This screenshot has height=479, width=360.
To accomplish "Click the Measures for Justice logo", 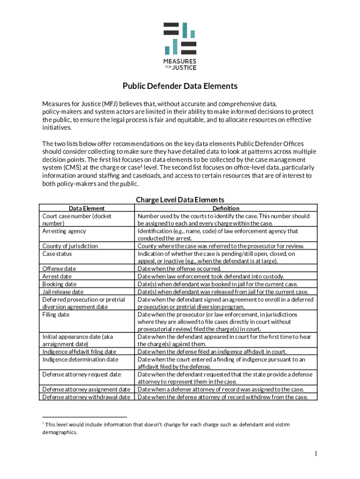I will tap(180, 46).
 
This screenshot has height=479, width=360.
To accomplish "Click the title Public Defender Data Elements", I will tap(180, 86).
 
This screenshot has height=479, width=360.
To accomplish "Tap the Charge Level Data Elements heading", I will tap(180, 200).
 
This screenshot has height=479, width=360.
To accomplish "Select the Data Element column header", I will tap(87, 208).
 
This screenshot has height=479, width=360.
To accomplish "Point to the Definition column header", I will tap(225, 208).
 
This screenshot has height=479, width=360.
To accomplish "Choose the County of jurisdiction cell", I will tap(70, 246).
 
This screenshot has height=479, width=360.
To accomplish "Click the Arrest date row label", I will tap(57, 276).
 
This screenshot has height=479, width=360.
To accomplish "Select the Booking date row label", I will tap(59, 284).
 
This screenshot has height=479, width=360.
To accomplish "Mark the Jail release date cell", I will tap(63, 292).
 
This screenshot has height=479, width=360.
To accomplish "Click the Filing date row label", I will tap(56, 314).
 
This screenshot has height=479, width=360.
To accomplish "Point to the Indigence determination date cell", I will tap(80, 359).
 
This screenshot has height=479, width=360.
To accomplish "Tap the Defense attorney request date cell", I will tap(82, 374).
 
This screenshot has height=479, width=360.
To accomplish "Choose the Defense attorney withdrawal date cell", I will tap(86, 397).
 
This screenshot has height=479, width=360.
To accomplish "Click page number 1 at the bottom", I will tap(316, 454).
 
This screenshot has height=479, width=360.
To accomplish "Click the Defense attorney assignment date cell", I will tap(86, 389).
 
